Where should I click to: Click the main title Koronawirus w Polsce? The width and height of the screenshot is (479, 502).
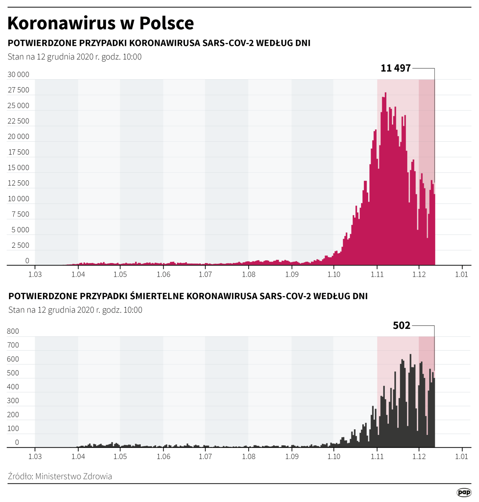pos(101,23)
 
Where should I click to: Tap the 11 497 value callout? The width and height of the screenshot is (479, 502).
pos(396,68)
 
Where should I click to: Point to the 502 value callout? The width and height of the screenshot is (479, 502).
pos(402,325)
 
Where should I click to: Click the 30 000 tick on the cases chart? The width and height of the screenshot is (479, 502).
pos(18,74)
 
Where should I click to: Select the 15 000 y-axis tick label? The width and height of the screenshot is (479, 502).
pos(18,167)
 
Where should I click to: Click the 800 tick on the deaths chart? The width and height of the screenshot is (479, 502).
pos(13,331)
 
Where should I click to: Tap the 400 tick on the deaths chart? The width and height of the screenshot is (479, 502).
pos(13,387)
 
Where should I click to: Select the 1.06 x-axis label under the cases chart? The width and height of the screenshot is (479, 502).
pos(163,275)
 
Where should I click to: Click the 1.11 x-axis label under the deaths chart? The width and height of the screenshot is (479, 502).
pos(377,456)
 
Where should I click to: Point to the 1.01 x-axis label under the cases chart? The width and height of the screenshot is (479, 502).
pos(461,275)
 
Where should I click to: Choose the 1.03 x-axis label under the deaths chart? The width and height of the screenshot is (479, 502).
pos(35,456)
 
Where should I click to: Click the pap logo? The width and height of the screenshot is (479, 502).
pos(464,492)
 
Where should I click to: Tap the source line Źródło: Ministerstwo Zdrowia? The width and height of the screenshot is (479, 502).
pos(60,476)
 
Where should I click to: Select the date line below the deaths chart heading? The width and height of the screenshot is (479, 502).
pos(75,310)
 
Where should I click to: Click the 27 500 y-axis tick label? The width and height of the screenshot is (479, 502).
pos(18,90)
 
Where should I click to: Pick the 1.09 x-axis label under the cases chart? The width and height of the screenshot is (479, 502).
pos(292,275)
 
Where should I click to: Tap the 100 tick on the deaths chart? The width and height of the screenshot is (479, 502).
pos(13,429)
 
